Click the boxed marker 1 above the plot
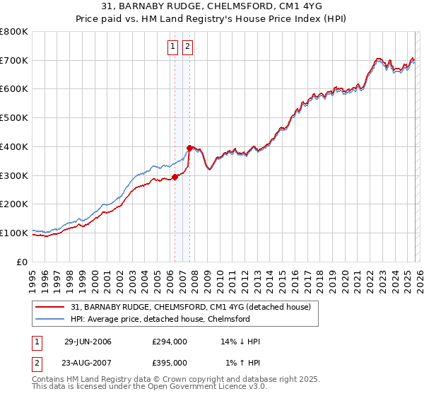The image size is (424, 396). pos(173,47)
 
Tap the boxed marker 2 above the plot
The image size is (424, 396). pos(188,47)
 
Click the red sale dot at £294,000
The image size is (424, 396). pos(175,177)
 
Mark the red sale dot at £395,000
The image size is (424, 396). pos(189,148)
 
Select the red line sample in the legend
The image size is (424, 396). pos(50,307)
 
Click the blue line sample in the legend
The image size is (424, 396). pos(50,319)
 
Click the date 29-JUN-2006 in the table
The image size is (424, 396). pos(88,342)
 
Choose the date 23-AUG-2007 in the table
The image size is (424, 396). pos(88,362)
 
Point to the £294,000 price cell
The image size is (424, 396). pos(170,342)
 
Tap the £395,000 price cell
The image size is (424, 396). pos(170,362)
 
